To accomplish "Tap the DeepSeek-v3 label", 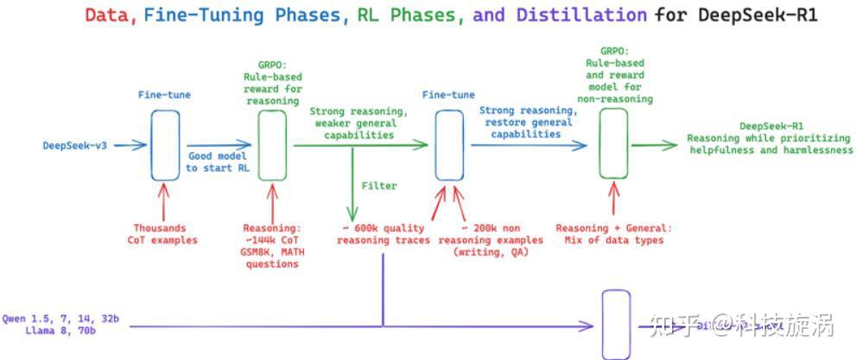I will [x=76, y=145].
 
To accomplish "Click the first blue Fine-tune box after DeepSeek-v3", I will [x=164, y=144].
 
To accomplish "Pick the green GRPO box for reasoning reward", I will [x=272, y=144].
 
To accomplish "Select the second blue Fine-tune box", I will [x=446, y=146].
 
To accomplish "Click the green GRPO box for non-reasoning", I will [x=613, y=146].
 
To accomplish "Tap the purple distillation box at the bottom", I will [x=615, y=325].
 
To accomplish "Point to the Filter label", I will [x=379, y=186].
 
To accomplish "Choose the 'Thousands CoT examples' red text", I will [x=164, y=234].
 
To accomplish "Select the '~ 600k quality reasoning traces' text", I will [x=383, y=234].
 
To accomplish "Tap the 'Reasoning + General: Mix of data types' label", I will [x=613, y=234].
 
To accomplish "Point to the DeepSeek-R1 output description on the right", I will [x=769, y=138].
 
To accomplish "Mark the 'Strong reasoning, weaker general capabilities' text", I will [x=358, y=123].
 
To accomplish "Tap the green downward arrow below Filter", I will [x=352, y=203].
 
